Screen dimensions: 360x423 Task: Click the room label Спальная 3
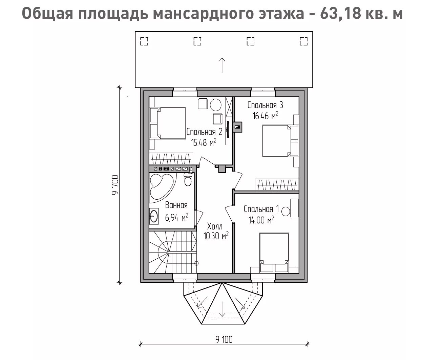point(265,105)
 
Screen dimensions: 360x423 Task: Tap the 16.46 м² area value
point(265,116)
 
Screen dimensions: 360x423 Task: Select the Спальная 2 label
point(205,132)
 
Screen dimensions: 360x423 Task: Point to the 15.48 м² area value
point(204,143)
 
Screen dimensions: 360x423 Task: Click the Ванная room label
point(176,205)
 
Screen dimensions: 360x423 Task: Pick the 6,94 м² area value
point(176,217)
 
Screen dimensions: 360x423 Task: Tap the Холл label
point(215,226)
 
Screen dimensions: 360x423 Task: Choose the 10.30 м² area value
point(216,236)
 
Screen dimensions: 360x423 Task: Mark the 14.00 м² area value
point(261,220)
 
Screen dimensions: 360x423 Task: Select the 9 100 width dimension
point(224,339)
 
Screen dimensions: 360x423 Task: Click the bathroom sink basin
point(154,216)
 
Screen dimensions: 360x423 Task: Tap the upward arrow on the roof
point(222,65)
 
